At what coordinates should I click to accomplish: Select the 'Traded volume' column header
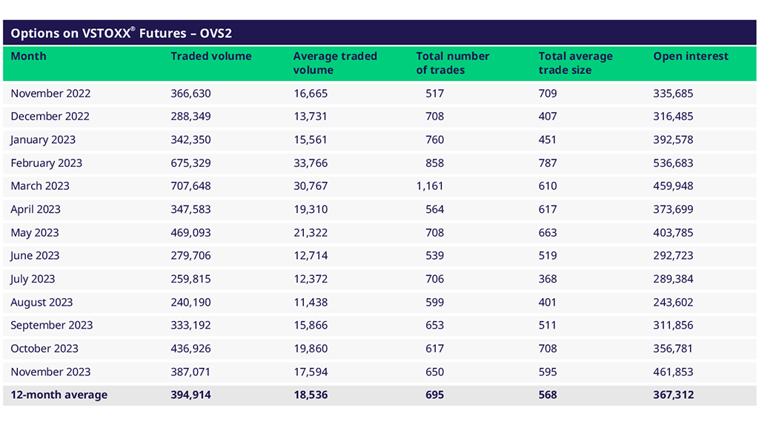click(x=211, y=56)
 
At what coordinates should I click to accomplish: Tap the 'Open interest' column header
click(x=691, y=56)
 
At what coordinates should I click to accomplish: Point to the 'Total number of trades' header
click(x=453, y=63)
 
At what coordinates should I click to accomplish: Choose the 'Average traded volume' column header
click(x=335, y=63)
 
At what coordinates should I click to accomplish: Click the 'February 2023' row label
click(x=47, y=163)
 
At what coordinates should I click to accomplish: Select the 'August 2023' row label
click(x=42, y=303)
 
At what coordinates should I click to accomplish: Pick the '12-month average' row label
click(x=59, y=395)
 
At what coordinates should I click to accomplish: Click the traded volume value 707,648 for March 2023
click(x=191, y=186)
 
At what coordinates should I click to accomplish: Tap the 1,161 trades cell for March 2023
click(x=431, y=186)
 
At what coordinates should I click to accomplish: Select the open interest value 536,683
click(x=674, y=163)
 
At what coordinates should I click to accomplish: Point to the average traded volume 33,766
click(x=311, y=163)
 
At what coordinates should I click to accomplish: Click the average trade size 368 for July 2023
click(x=548, y=279)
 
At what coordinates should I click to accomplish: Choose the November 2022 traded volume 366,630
click(x=191, y=93)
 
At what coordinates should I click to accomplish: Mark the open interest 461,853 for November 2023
click(x=674, y=372)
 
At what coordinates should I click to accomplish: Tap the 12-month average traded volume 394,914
click(x=191, y=395)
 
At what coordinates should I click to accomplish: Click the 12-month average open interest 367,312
click(x=674, y=395)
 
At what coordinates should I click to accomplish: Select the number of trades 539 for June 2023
click(x=435, y=256)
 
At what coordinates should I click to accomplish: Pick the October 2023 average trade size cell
click(x=548, y=349)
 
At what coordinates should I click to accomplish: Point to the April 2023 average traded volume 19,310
click(x=311, y=209)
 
